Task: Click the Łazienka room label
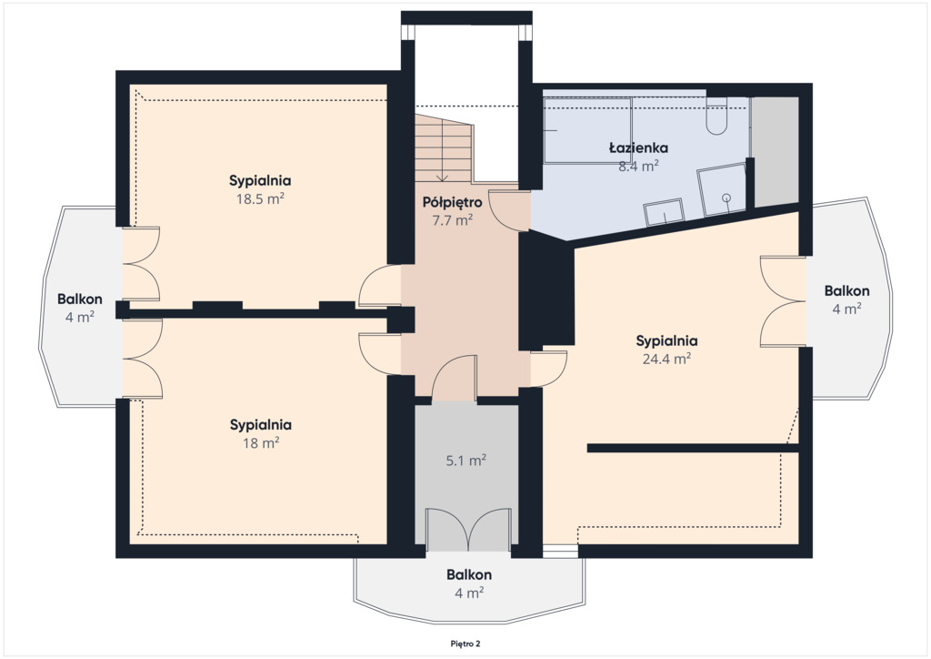point(638,147)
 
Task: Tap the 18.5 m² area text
point(260,198)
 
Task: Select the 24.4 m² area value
point(666,359)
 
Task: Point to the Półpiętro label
point(452,203)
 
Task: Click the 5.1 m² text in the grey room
point(466,461)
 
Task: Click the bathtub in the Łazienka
point(588,130)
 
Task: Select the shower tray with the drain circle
point(721,189)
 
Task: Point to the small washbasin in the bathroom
point(663,212)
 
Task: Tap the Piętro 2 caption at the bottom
point(465,644)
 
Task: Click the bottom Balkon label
point(469,574)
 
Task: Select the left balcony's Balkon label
point(80,299)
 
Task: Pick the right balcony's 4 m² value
point(846,309)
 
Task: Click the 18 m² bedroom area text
point(261,443)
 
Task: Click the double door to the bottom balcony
point(468,528)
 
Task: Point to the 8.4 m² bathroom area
point(638,167)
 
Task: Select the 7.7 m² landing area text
point(452,220)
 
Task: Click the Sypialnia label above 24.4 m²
point(666,341)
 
